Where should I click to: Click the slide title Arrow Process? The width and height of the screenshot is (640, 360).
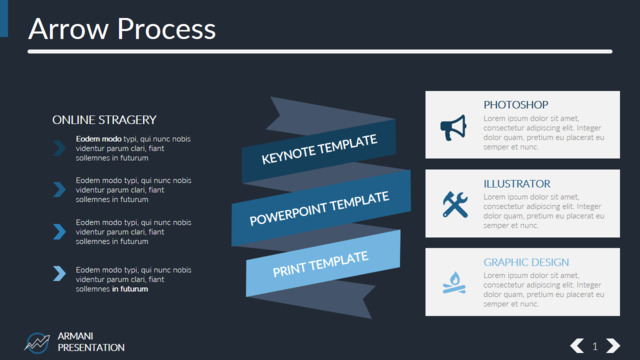pyautogui.click(x=122, y=29)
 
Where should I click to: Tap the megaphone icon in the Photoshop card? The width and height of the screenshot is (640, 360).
pyautogui.click(x=453, y=128)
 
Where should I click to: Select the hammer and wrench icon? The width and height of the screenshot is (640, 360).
pyautogui.click(x=455, y=204)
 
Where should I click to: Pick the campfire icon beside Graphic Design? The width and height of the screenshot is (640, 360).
pyautogui.click(x=454, y=282)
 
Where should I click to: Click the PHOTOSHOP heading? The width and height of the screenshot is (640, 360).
pyautogui.click(x=516, y=105)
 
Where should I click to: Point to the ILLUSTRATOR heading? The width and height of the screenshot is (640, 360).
pyautogui.click(x=517, y=184)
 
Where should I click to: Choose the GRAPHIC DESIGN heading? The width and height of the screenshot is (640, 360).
pyautogui.click(x=526, y=262)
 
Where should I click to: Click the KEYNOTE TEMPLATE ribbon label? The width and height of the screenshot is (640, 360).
pyautogui.click(x=319, y=149)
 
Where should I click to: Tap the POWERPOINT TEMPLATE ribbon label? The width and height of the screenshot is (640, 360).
pyautogui.click(x=319, y=208)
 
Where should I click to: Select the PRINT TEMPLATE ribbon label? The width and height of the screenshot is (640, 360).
pyautogui.click(x=320, y=264)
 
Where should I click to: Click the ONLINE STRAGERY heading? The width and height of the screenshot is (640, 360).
pyautogui.click(x=104, y=120)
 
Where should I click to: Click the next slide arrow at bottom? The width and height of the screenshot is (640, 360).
pyautogui.click(x=613, y=346)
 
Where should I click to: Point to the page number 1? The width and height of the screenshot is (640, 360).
pyautogui.click(x=595, y=347)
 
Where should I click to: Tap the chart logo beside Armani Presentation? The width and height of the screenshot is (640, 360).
pyautogui.click(x=37, y=342)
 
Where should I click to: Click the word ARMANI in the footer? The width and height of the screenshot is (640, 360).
pyautogui.click(x=76, y=336)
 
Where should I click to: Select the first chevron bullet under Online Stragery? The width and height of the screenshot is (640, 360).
pyautogui.click(x=60, y=148)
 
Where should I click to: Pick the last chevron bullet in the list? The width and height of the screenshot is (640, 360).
pyautogui.click(x=60, y=273)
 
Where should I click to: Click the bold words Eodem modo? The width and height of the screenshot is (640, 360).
pyautogui.click(x=98, y=139)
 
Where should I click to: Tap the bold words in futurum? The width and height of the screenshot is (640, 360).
pyautogui.click(x=130, y=289)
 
